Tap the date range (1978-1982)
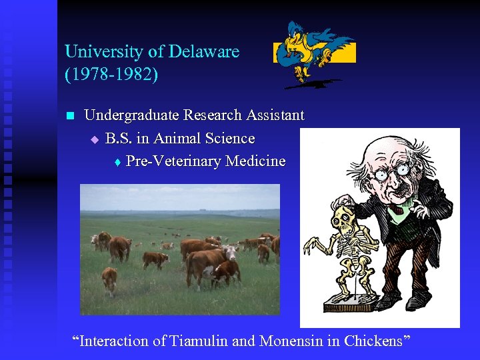point(111,73)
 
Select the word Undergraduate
point(132,115)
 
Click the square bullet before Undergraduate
point(69,116)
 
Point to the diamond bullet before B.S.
point(95,139)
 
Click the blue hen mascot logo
point(313,53)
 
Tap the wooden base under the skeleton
point(347,309)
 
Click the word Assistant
point(275,115)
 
